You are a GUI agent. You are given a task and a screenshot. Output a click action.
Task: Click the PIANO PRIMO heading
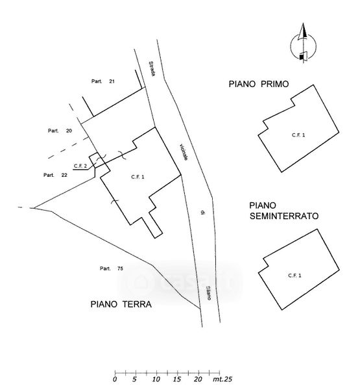258,84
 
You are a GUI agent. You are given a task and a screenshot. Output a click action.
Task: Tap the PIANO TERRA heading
121,304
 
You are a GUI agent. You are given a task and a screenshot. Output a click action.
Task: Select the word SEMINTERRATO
284,216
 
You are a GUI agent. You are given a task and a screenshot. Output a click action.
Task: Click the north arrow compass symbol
303,44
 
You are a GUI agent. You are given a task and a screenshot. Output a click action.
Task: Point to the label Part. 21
102,81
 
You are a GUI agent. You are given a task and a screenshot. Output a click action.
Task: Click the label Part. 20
60,131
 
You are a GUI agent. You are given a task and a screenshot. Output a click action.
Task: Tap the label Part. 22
55,175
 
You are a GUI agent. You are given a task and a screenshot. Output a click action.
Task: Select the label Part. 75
111,268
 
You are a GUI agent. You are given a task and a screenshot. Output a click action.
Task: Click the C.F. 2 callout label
80,166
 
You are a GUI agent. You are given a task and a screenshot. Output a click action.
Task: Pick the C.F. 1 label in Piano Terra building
138,177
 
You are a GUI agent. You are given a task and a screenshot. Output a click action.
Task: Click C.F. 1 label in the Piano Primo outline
298,135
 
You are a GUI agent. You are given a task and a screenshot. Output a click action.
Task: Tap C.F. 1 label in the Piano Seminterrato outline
294,276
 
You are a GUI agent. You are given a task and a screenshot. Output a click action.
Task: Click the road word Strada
152,69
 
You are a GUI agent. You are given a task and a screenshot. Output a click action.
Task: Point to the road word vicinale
183,152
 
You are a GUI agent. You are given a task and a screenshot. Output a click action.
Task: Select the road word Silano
208,292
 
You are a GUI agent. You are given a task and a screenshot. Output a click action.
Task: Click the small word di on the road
203,212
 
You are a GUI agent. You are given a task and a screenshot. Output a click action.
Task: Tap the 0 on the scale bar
115,380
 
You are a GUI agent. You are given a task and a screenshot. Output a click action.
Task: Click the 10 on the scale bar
156,380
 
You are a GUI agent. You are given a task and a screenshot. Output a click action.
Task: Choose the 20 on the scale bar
198,380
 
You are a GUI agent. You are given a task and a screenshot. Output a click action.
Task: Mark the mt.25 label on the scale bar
222,380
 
